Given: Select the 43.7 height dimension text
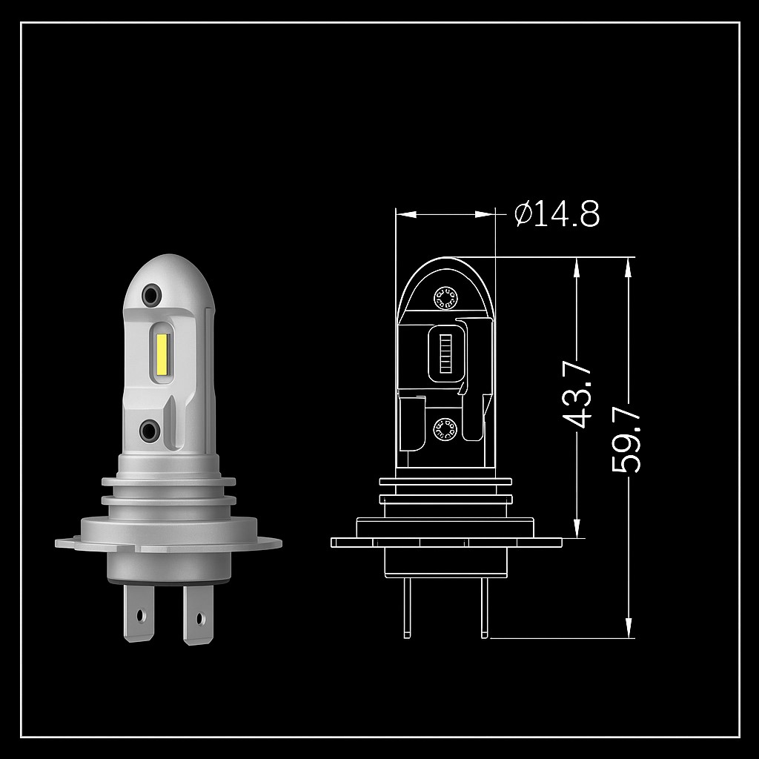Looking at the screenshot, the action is (578, 394).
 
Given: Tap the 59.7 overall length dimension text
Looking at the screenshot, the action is (626, 440).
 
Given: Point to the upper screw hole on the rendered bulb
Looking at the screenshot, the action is (151, 295).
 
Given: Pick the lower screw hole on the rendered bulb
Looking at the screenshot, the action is (150, 431).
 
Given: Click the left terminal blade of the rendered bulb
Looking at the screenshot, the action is (139, 613).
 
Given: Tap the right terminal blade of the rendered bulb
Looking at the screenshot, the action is (198, 614).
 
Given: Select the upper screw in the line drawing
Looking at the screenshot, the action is (445, 298).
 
